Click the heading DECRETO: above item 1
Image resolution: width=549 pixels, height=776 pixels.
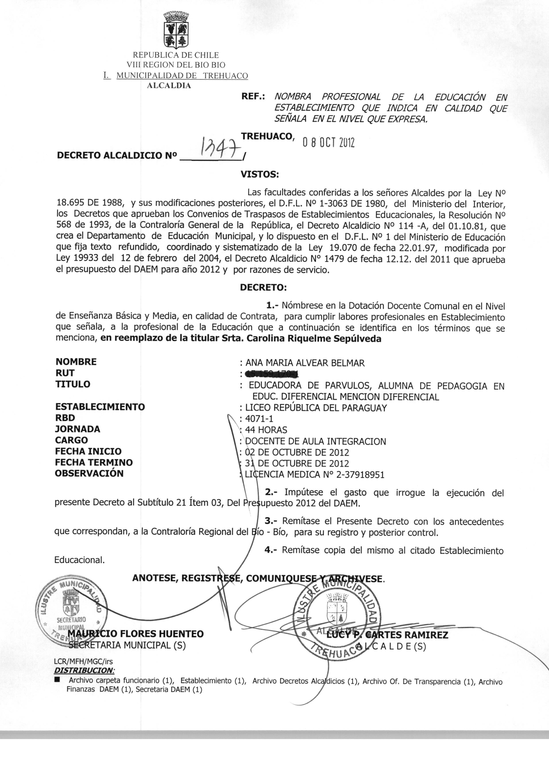tap(263, 287)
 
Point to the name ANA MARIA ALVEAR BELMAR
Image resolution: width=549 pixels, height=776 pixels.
tap(305, 363)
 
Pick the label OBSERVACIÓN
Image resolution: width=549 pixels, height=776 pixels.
tap(89, 473)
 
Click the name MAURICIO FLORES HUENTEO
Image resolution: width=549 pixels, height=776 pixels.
tap(136, 634)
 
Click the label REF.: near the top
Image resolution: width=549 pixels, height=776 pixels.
tap(253, 97)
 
